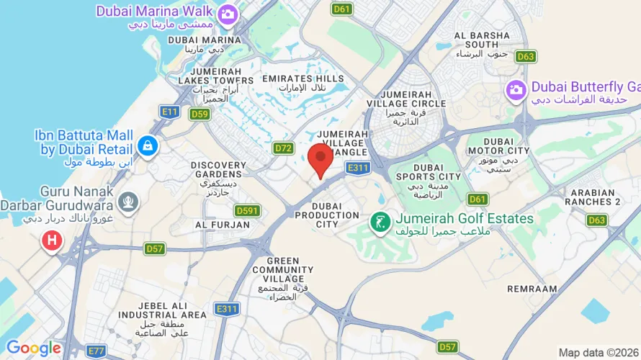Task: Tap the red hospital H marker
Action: coord(52,240)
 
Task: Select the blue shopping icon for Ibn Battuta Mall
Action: coord(148,145)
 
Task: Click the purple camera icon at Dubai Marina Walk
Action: coord(228,13)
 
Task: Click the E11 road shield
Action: coord(170,111)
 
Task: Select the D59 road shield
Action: coord(200,114)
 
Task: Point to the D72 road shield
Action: coord(284,148)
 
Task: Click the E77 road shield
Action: coord(96,350)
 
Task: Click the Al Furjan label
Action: coord(223,225)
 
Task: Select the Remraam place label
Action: coord(532,288)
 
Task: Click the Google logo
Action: coord(33,348)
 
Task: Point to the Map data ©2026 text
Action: coord(599,353)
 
